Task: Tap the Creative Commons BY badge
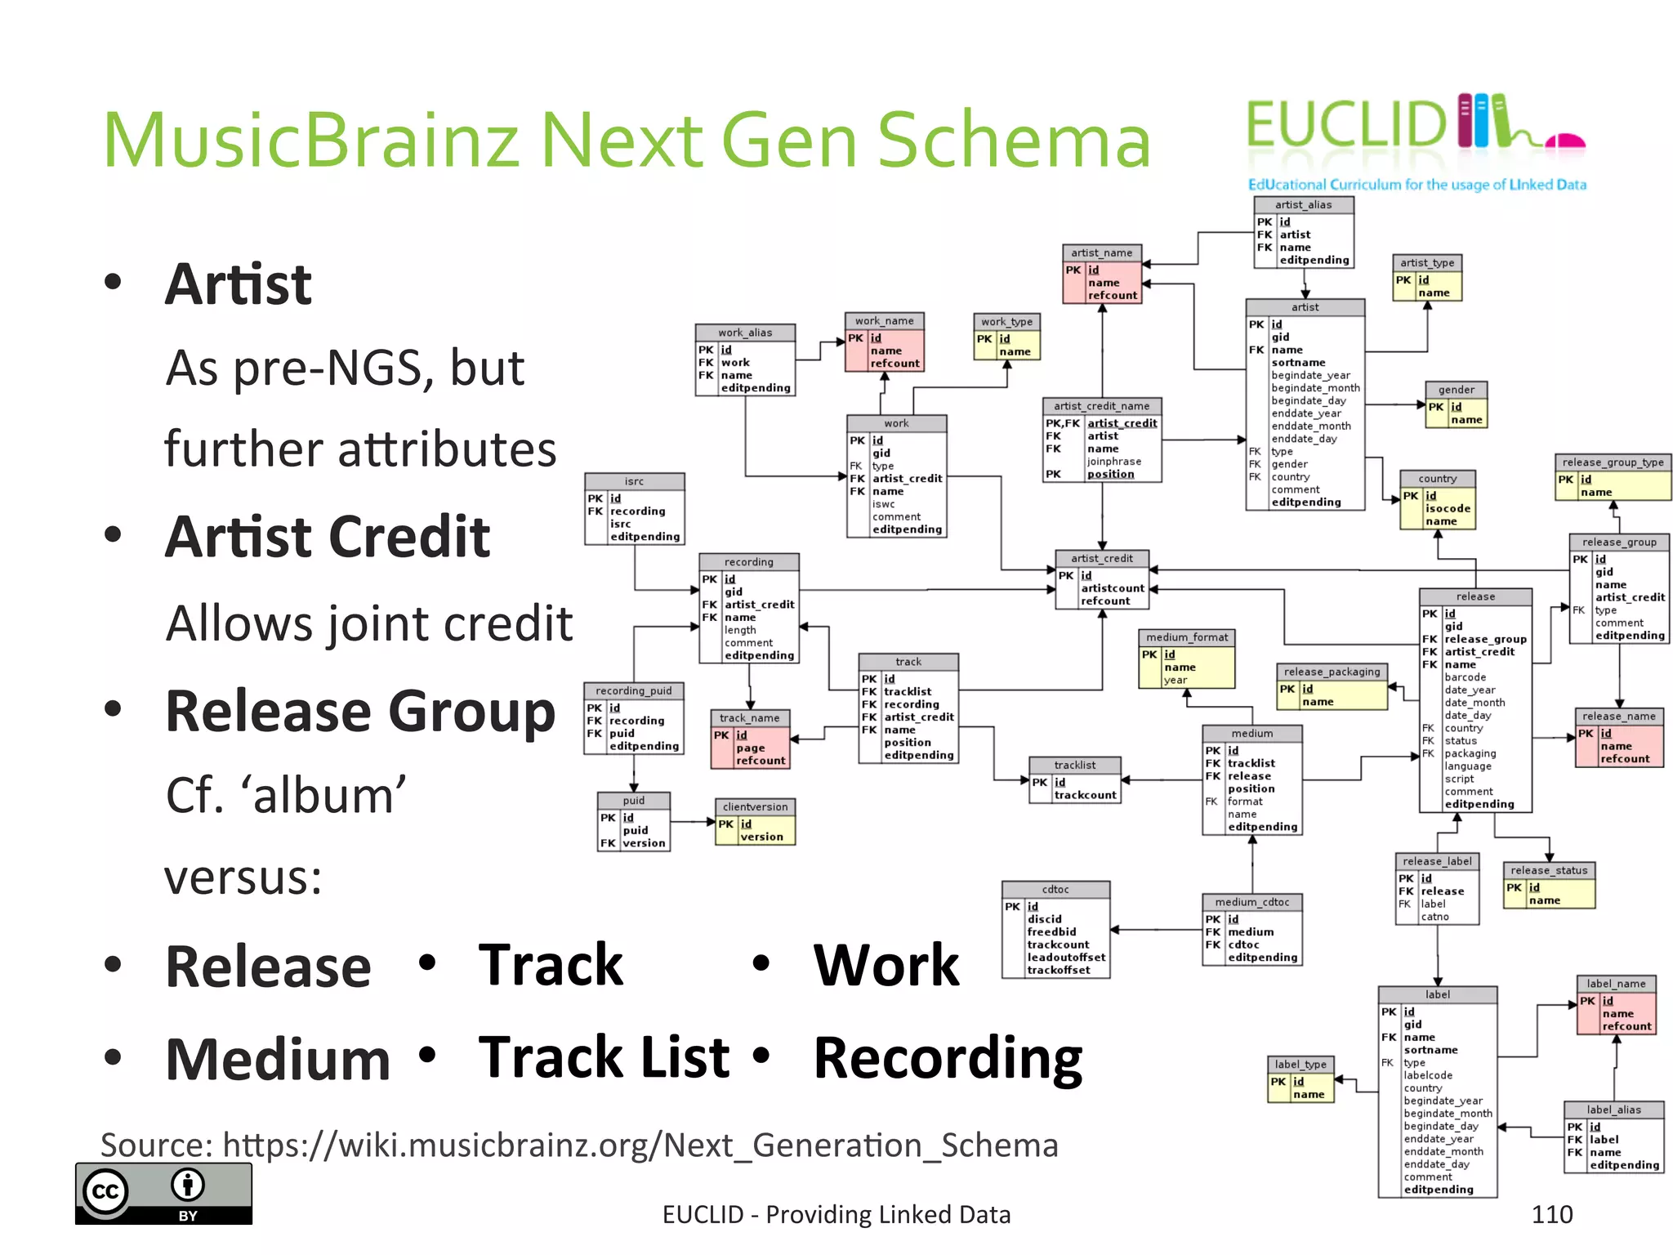pyautogui.click(x=163, y=1193)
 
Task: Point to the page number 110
pyautogui.click(x=1552, y=1215)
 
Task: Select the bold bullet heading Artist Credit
pyautogui.click(x=328, y=537)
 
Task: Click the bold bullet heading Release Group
pyautogui.click(x=360, y=711)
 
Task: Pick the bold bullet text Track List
pyautogui.click(x=604, y=1057)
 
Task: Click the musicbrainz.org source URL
pyautogui.click(x=640, y=1145)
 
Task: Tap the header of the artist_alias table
pyautogui.click(x=1304, y=205)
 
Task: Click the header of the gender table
pyautogui.click(x=1457, y=390)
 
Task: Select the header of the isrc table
pyautogui.click(x=635, y=481)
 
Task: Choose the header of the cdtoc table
pyautogui.click(x=1055, y=889)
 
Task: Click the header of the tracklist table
pyautogui.click(x=1075, y=765)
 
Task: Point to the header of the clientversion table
pyautogui.click(x=755, y=806)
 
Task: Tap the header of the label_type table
pyautogui.click(x=1301, y=1064)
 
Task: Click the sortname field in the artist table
pyautogui.click(x=1298, y=363)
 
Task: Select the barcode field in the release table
pyautogui.click(x=1466, y=677)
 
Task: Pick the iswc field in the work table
pyautogui.click(x=883, y=504)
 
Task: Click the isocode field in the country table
pyautogui.click(x=1448, y=508)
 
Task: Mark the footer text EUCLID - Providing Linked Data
pyautogui.click(x=836, y=1215)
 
